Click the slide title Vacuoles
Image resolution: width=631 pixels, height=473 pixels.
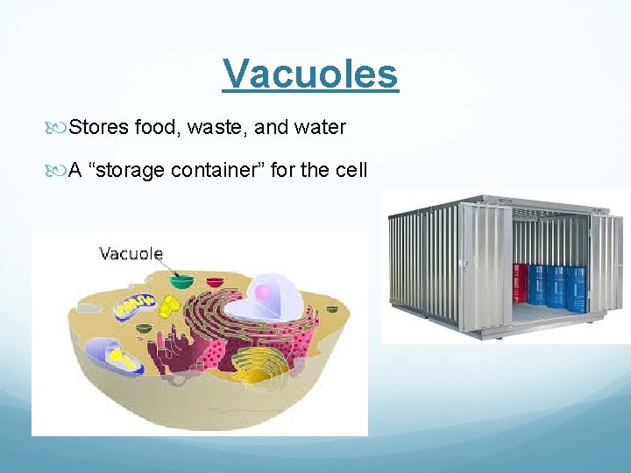click(x=310, y=74)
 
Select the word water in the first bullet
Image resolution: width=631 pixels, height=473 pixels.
click(x=318, y=128)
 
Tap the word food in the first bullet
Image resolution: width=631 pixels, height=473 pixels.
click(x=156, y=128)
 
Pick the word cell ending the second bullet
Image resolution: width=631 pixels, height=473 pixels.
click(x=351, y=170)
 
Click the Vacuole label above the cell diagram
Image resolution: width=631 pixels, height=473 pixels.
click(x=131, y=254)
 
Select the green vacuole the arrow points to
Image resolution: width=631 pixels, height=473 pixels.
click(x=182, y=282)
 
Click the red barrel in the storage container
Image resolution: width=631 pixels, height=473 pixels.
click(x=520, y=283)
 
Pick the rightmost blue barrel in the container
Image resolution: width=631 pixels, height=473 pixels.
click(x=576, y=288)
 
